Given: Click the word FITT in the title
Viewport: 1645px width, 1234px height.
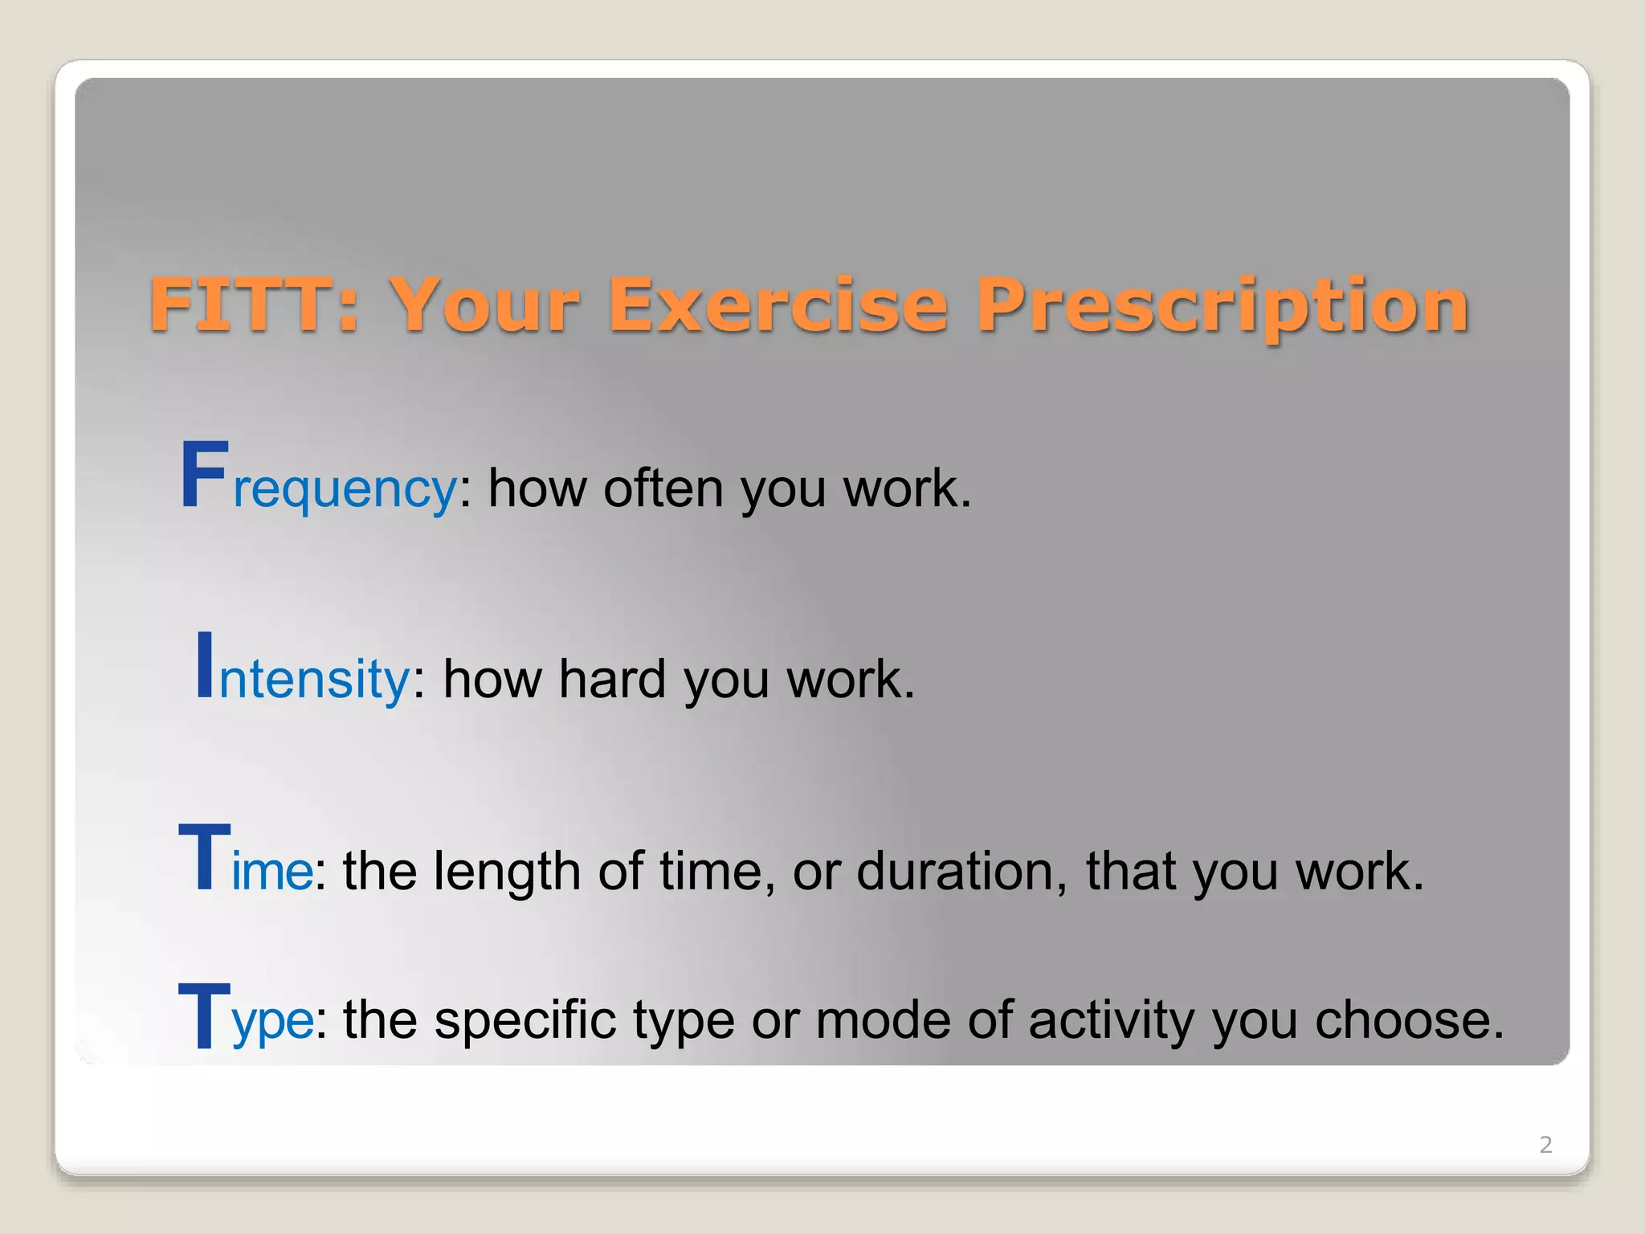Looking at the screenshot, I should tap(241, 304).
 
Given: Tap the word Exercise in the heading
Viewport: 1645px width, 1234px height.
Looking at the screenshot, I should tap(778, 304).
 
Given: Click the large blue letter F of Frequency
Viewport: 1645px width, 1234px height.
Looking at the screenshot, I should tap(204, 476).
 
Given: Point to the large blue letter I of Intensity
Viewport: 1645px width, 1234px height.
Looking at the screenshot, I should tap(205, 664).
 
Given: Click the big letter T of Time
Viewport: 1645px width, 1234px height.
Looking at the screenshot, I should tap(204, 857).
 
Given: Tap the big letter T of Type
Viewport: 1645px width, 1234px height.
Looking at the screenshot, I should tap(204, 1015).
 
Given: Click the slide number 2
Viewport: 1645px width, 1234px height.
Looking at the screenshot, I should tap(1545, 1144).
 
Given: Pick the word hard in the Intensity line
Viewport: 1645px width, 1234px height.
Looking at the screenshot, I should tap(612, 678).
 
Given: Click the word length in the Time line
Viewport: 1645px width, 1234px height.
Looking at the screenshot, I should tap(507, 871).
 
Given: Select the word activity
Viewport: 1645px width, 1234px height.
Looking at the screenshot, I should tap(1111, 1020).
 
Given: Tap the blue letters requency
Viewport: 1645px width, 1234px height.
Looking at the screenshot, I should tap(345, 490).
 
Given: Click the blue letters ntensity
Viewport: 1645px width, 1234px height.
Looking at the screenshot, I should tap(314, 680).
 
